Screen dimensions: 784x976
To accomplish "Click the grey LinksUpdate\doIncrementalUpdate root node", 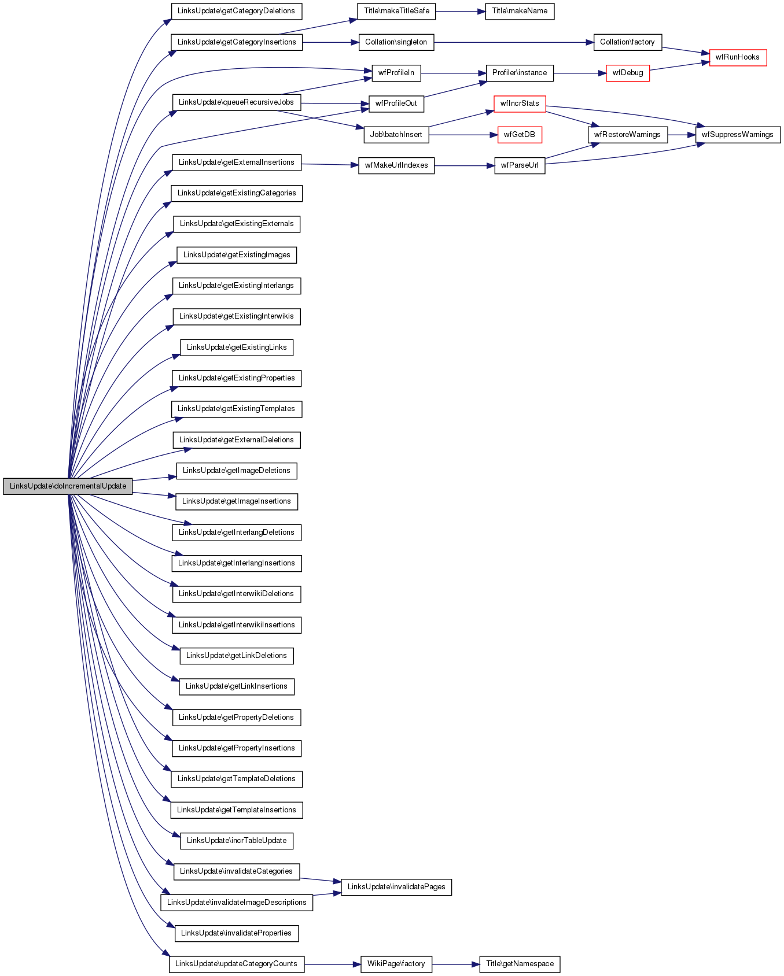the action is coord(68,486).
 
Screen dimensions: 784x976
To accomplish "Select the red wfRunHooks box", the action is coord(738,57).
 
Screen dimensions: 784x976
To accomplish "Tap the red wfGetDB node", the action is coord(519,135).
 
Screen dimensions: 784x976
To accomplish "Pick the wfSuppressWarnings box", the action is coord(738,135).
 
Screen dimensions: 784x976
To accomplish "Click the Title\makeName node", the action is coord(519,11).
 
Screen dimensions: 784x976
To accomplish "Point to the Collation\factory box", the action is coord(627,42).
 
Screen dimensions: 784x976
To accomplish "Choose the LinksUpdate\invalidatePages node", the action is coord(396,887).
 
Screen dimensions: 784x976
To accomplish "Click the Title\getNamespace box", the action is coord(520,964).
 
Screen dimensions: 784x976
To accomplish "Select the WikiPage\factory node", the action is coord(396,964).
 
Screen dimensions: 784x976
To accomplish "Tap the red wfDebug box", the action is coord(628,73).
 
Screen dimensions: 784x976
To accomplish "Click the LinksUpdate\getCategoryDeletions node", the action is coord(236,11).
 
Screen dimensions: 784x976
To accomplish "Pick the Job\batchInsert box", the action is coord(396,135).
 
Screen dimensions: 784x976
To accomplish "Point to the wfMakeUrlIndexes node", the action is coord(396,165).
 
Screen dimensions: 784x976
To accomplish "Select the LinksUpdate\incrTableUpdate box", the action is coord(236,841).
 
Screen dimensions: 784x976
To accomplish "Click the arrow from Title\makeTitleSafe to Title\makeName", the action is coord(460,11).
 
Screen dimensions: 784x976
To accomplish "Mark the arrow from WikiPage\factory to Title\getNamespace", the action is coord(455,964).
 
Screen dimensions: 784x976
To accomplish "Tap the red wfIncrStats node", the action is coord(520,103).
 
